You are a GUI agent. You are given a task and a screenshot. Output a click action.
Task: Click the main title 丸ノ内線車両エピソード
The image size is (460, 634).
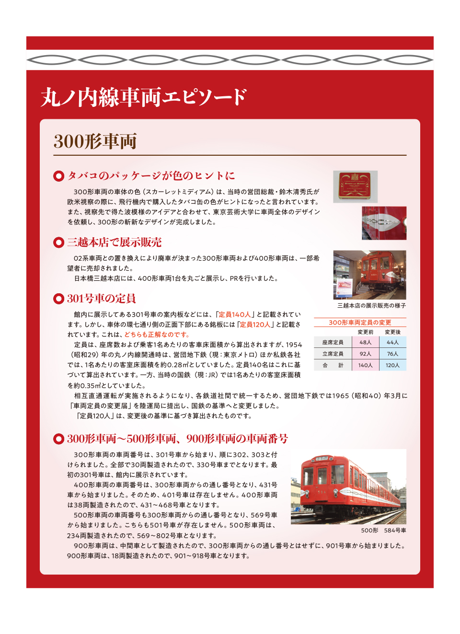click(144, 97)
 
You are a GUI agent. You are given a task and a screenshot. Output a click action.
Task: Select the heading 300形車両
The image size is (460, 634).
click(95, 141)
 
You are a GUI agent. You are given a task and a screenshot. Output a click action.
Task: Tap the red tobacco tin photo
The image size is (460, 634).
click(355, 186)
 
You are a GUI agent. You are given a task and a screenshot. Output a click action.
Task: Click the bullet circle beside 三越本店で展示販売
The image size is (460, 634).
click(58, 242)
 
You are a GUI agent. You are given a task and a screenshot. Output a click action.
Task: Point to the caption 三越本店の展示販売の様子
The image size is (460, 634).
click(371, 306)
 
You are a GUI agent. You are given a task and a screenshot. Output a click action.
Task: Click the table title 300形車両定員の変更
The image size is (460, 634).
click(360, 323)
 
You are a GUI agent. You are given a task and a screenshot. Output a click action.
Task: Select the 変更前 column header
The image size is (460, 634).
click(365, 332)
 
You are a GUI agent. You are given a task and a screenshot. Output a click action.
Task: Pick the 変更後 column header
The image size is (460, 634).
click(392, 332)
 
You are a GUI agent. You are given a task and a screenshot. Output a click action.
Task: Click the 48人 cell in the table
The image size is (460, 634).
click(365, 342)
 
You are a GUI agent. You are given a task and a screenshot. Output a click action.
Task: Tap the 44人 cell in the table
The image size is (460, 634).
click(392, 342)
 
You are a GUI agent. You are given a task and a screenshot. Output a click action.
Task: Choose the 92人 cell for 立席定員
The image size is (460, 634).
click(365, 354)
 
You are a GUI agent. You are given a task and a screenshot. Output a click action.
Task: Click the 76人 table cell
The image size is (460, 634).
click(392, 354)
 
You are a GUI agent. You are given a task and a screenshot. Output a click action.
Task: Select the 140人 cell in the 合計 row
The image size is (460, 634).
click(365, 365)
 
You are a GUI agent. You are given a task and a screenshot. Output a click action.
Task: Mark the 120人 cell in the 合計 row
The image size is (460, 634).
click(392, 365)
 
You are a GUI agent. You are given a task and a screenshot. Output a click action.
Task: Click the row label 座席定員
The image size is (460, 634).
click(333, 342)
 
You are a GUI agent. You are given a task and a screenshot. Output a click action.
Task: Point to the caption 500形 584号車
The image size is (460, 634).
click(383, 530)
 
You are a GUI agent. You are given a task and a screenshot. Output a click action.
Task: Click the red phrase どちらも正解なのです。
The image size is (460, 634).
click(157, 334)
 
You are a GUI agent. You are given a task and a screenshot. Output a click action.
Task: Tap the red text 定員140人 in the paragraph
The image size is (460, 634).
click(234, 314)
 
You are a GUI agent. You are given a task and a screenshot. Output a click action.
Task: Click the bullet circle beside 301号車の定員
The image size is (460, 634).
click(58, 299)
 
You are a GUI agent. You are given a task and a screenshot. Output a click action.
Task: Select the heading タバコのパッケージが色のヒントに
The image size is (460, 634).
click(151, 176)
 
